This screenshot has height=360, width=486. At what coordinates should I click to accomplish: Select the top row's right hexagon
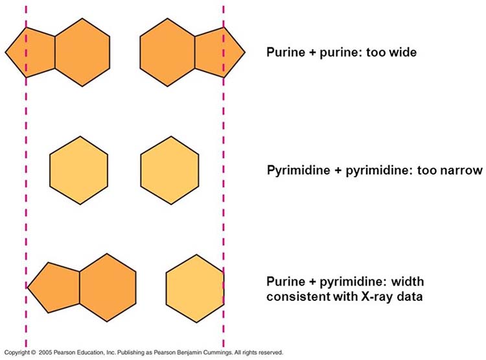168,52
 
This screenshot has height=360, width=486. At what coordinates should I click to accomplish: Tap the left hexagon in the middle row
79,170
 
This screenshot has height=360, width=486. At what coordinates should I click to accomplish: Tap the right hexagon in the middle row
170,170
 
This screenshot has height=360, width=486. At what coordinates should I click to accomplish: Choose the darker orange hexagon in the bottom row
107,287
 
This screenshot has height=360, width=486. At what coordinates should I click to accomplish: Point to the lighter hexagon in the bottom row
195,286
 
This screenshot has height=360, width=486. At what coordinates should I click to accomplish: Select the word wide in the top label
403,52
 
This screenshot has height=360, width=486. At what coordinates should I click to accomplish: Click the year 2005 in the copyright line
49,353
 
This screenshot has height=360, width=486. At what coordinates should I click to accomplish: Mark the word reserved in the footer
269,353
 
